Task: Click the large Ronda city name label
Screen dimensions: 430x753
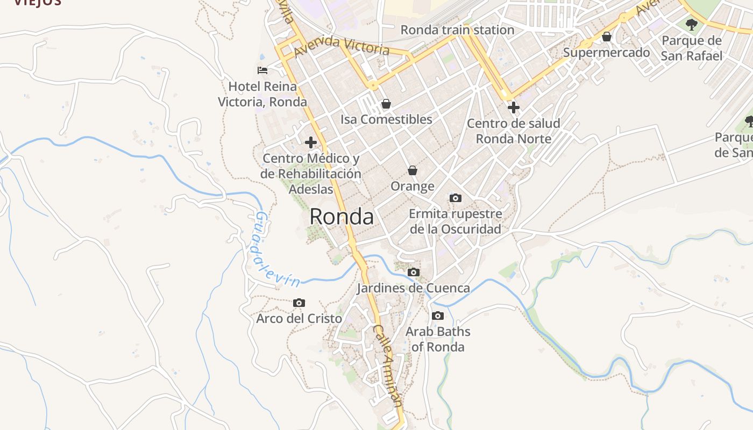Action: [342, 217]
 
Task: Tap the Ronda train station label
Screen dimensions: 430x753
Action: [457, 30]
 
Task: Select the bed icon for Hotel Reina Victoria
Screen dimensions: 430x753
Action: [262, 70]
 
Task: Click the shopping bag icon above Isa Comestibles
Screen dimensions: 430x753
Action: [386, 104]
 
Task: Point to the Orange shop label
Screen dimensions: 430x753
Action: [413, 187]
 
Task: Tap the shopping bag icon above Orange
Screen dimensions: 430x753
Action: [413, 170]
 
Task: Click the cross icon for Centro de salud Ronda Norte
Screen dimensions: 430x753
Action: [514, 107]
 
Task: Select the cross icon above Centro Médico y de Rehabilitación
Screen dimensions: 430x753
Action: [310, 142]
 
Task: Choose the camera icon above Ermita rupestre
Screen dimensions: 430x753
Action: [455, 198]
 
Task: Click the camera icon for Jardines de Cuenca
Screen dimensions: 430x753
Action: [413, 273]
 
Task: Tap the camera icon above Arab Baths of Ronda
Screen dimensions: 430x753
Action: [438, 316]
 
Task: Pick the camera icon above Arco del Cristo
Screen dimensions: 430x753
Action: [299, 303]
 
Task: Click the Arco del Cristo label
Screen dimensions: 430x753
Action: [299, 319]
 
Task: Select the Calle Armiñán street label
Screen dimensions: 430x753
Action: [388, 365]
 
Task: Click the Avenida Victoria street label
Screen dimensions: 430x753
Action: [342, 45]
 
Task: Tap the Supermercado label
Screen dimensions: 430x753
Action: [606, 53]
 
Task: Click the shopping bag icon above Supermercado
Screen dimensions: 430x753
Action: [607, 37]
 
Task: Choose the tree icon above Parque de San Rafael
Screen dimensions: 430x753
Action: [692, 24]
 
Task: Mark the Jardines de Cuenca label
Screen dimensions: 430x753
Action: [413, 288]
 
